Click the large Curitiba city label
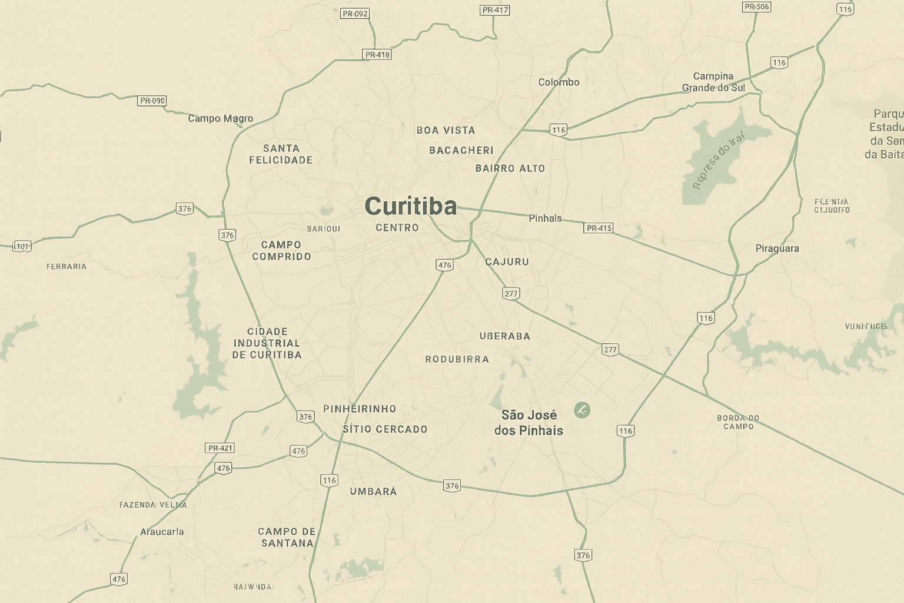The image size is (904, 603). point(410,206)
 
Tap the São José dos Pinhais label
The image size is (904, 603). point(529,423)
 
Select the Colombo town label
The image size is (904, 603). point(559,82)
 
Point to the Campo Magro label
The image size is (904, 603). point(220,118)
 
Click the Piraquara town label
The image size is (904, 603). point(777,249)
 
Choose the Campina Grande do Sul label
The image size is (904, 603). point(713,82)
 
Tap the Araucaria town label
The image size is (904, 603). point(162,532)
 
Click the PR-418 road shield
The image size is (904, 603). point(377,55)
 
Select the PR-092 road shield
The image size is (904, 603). point(355,14)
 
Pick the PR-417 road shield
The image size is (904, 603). point(495,10)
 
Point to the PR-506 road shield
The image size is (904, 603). point(756,7)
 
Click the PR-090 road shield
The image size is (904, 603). point(152,101)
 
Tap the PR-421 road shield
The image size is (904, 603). point(220,448)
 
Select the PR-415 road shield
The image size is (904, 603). point(599,228)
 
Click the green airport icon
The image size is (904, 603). point(582,410)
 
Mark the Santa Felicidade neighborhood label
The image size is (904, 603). point(281,154)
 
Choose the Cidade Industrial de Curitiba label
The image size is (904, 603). point(267,343)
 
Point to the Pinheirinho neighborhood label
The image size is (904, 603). point(360,409)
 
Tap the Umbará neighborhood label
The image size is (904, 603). point(373,491)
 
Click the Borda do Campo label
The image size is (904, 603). point(738,422)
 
